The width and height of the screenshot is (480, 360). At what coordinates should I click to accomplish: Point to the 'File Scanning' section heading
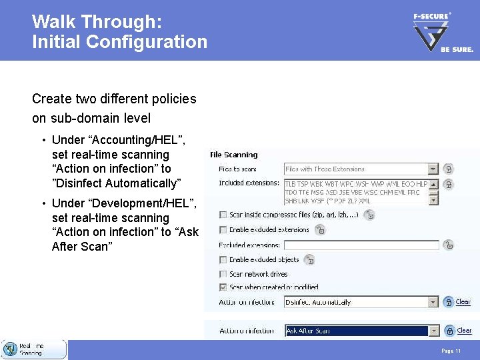pos(233,155)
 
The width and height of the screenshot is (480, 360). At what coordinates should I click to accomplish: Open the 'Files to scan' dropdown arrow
pos(433,169)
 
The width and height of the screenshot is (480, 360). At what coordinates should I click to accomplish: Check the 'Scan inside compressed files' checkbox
pos(223,215)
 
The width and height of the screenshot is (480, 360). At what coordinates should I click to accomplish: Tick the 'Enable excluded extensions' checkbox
pos(223,230)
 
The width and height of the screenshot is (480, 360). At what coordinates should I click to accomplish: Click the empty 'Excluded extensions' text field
pos(361,245)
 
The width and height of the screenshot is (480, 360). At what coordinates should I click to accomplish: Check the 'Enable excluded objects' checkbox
pos(223,260)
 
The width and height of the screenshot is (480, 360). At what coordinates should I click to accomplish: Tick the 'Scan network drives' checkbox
pos(223,274)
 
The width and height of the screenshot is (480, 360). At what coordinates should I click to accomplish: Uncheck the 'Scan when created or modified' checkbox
pos(223,287)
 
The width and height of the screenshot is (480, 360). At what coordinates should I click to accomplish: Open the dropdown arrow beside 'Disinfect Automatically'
pos(433,302)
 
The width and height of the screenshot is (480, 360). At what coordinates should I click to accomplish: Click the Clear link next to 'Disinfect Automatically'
pos(463,302)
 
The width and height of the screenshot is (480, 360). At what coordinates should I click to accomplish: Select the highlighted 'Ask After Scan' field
pos(356,331)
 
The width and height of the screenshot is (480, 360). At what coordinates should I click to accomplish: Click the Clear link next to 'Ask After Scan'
pos(464,331)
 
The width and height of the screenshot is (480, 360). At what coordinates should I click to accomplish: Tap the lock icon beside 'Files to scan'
pos(449,169)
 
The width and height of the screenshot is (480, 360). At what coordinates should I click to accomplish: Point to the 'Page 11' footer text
pos(451,351)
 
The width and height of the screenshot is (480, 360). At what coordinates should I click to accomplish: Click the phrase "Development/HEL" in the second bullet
pos(143,203)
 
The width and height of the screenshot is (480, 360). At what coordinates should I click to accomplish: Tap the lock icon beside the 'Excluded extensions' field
pos(449,245)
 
